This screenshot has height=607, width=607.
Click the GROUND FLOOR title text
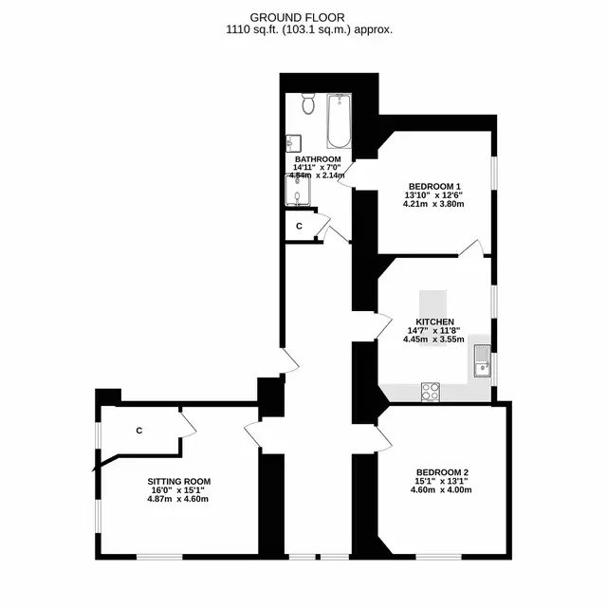(297, 18)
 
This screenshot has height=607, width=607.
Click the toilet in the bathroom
(308, 103)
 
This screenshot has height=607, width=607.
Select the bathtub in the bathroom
(340, 120)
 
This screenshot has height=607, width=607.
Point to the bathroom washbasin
(293, 143)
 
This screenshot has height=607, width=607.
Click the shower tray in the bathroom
(297, 190)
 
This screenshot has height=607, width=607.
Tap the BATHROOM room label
(318, 159)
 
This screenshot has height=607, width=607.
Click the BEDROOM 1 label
(434, 186)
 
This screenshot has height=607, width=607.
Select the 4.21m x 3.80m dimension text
(433, 204)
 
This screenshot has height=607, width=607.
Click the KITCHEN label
(434, 322)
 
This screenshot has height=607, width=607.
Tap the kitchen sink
(483, 360)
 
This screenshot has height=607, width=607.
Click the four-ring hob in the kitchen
(431, 392)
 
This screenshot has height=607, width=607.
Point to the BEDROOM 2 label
(443, 472)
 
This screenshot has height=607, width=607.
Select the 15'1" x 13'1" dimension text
(441, 481)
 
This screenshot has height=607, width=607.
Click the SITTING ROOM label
(179, 482)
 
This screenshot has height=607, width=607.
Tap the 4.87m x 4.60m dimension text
(177, 499)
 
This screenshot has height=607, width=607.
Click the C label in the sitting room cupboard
(139, 430)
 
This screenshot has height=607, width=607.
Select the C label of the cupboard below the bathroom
(299, 226)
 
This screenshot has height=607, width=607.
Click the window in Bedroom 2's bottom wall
(439, 557)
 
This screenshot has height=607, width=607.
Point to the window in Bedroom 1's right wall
(494, 173)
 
